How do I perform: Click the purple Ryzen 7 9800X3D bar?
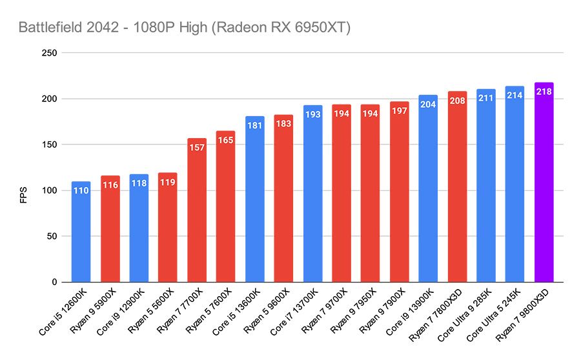click(544, 187)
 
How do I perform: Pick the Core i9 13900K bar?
click(428, 194)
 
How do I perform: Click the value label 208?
click(457, 101)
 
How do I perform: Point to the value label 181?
click(254, 125)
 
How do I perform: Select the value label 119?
click(168, 182)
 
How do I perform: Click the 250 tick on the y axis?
click(48, 54)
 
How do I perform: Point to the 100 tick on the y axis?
click(48, 191)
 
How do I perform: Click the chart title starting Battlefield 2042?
click(184, 28)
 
